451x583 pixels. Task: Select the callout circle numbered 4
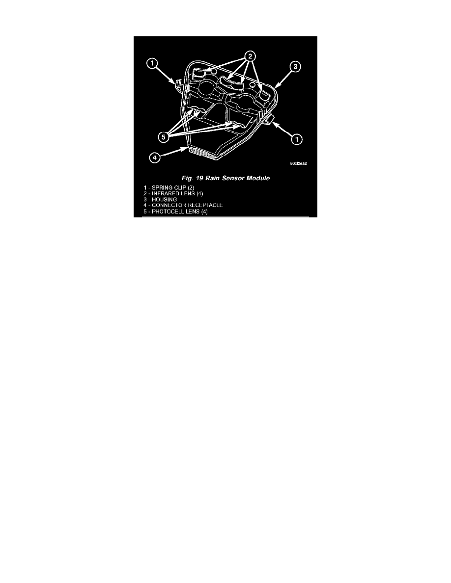(x=154, y=158)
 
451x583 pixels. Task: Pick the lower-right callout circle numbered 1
(x=296, y=140)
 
